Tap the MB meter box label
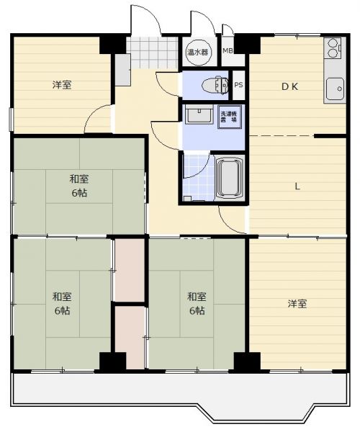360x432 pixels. (x=228, y=50)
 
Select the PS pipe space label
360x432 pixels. (x=238, y=85)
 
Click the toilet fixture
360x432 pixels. (x=215, y=85)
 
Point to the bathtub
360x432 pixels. (x=230, y=178)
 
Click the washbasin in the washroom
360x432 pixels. (x=199, y=115)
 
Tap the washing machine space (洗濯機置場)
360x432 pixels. (x=230, y=117)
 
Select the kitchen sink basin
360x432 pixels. (x=335, y=89)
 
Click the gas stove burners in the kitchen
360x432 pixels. (x=333, y=48)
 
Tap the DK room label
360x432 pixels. (x=289, y=87)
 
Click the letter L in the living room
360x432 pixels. (x=297, y=186)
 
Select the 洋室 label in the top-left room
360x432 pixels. (x=62, y=85)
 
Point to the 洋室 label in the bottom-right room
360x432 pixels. (x=297, y=304)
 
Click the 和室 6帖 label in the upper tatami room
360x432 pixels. (x=79, y=186)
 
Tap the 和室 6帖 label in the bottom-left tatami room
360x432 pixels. (x=62, y=304)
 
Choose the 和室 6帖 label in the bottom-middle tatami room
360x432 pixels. (x=197, y=304)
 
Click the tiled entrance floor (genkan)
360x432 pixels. (x=152, y=53)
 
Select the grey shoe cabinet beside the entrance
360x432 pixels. (x=122, y=70)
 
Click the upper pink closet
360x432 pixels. (x=130, y=270)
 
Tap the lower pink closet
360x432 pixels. (x=130, y=338)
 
